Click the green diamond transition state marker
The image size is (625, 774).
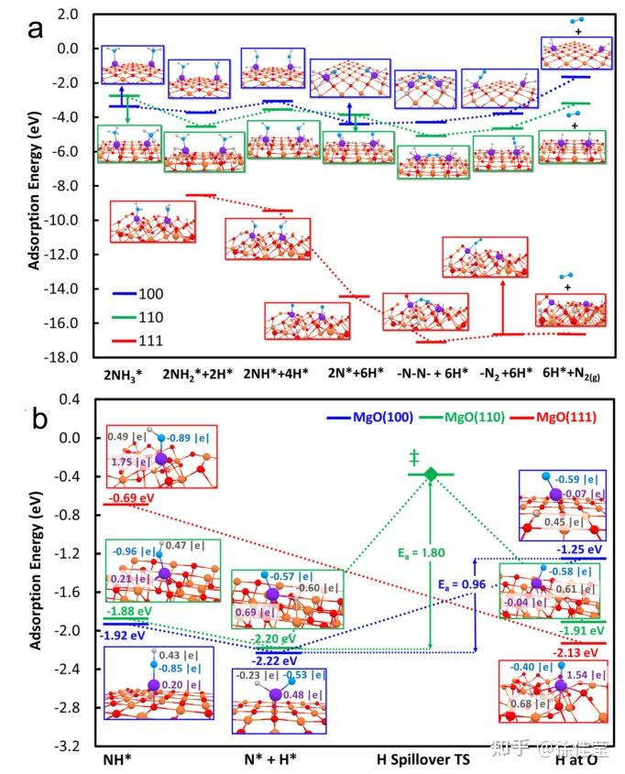click(x=431, y=473)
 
